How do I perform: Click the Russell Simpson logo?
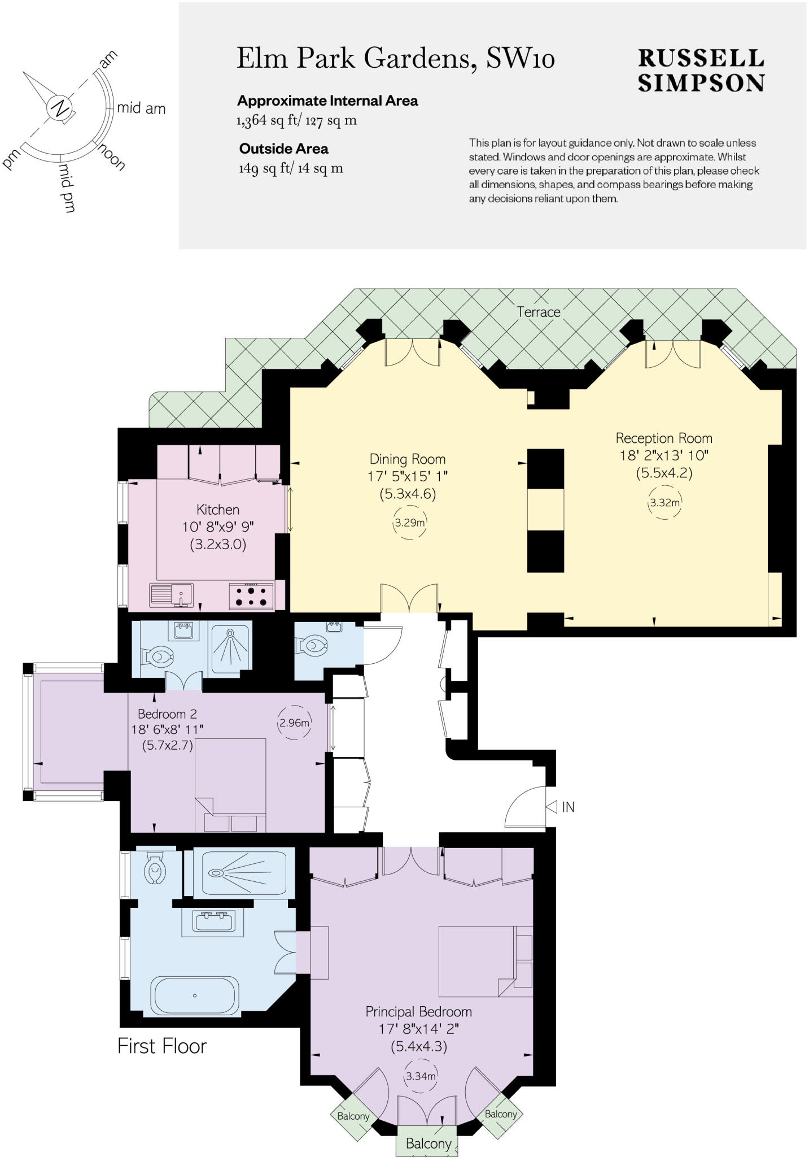point(701,71)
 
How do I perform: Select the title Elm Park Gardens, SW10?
point(395,58)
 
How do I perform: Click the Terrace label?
point(539,312)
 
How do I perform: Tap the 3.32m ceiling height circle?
point(664,502)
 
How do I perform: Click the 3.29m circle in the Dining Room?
point(409,523)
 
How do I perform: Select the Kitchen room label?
point(218,510)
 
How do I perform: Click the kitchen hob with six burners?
point(251,597)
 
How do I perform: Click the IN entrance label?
point(567,807)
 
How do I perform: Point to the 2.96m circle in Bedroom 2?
point(294,723)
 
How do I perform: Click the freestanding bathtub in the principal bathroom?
point(195,995)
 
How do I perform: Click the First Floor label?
point(162,1046)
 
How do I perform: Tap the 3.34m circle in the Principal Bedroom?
point(421,1076)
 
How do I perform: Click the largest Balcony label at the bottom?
point(428,1144)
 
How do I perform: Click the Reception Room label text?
point(664,438)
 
